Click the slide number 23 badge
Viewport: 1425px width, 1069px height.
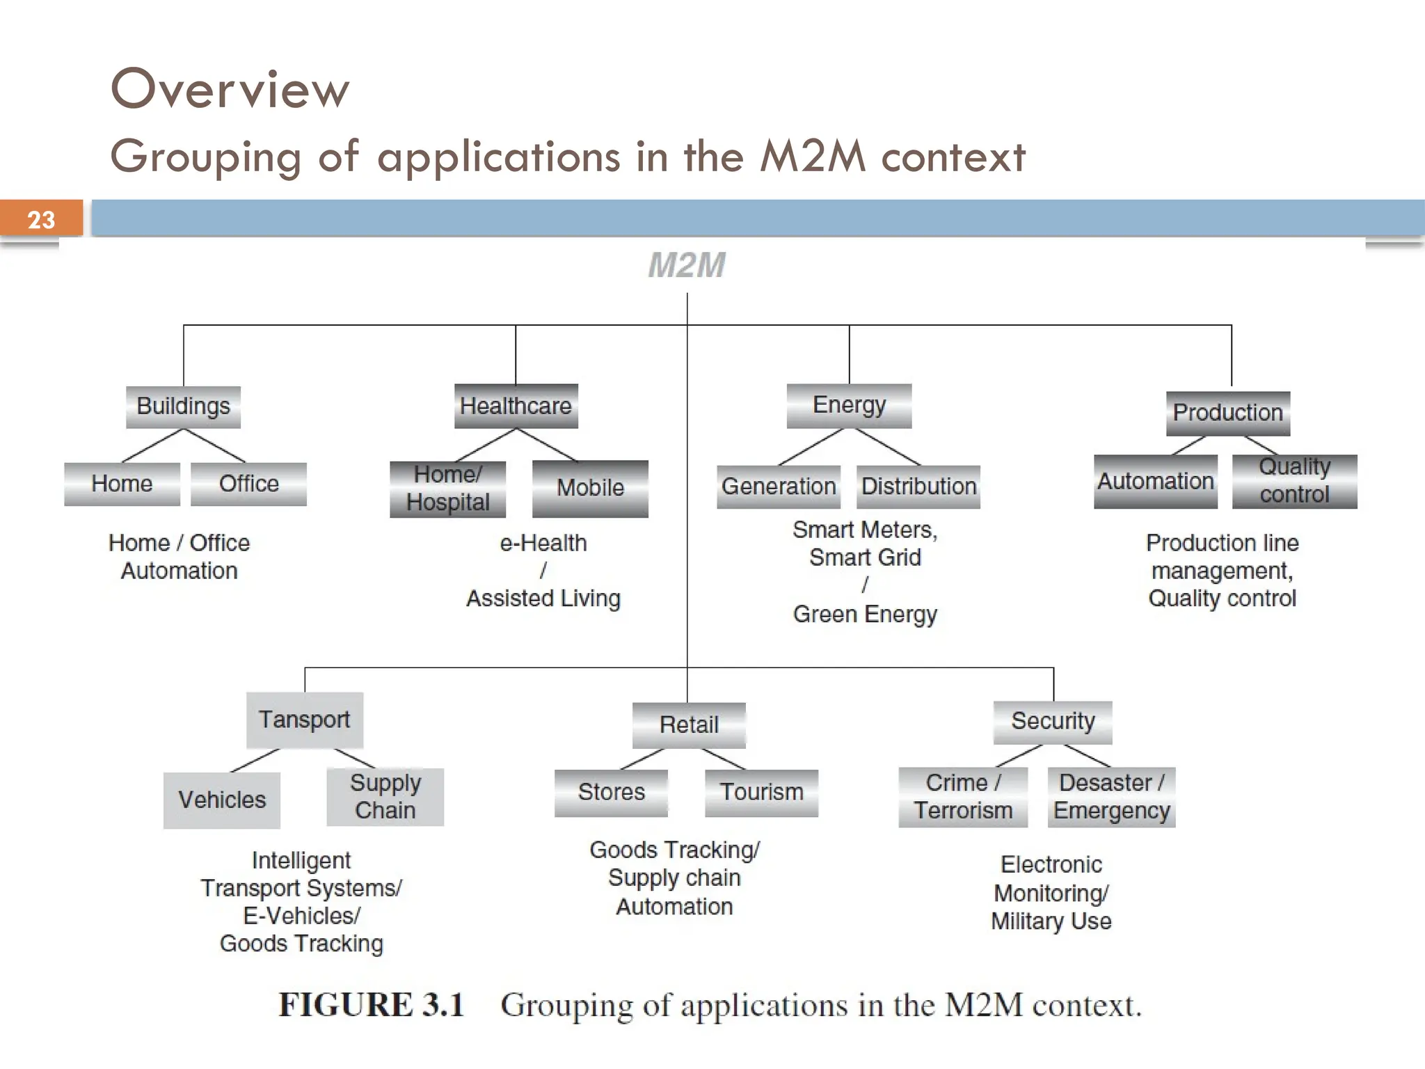(x=41, y=219)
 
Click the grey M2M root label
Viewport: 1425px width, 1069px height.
(x=687, y=265)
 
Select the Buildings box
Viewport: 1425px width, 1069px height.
(x=183, y=406)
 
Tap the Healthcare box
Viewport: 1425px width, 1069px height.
(x=516, y=406)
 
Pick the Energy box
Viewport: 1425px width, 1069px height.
(x=849, y=405)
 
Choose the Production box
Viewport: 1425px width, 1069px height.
(x=1227, y=413)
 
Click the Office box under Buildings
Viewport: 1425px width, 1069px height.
(x=248, y=484)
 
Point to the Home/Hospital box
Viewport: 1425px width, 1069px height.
(x=447, y=489)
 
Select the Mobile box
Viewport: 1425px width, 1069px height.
(x=590, y=488)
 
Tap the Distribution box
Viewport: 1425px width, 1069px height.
(x=918, y=486)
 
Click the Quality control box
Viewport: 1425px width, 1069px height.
(x=1294, y=481)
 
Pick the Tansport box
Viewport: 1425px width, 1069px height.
(x=304, y=720)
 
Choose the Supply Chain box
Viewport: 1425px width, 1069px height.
(x=385, y=797)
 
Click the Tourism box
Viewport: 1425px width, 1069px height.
(x=761, y=793)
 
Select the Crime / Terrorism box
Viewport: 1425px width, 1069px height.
(x=963, y=797)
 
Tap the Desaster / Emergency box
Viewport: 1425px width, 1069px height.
(x=1111, y=797)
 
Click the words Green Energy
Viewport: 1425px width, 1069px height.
(x=865, y=615)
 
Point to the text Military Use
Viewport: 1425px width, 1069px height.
(x=1051, y=921)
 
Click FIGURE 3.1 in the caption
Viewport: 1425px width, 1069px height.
(x=371, y=1005)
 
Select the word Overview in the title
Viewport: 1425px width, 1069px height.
(x=230, y=90)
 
